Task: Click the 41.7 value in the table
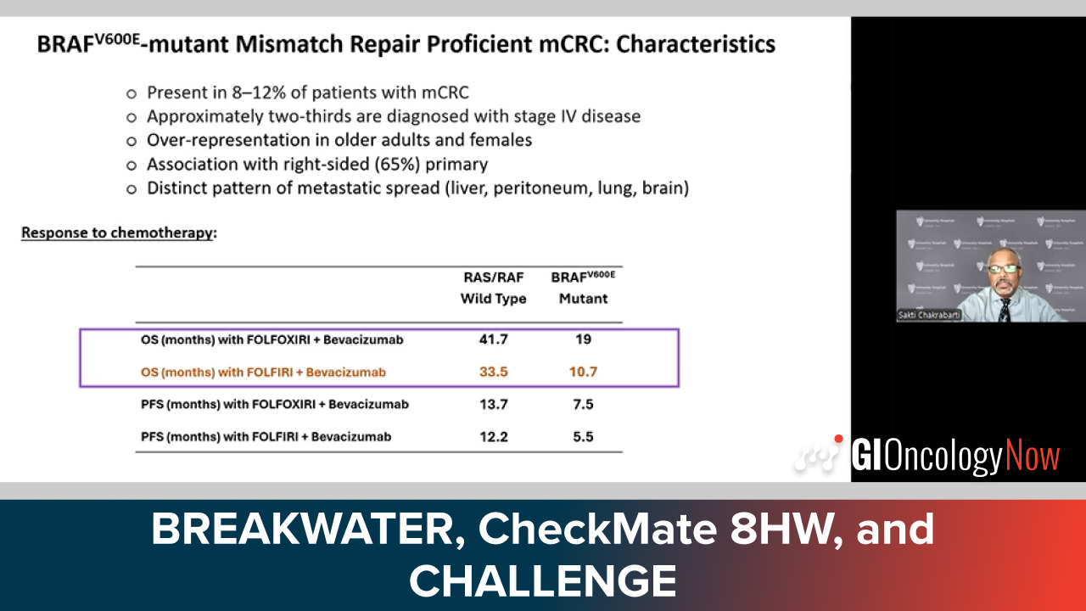click(x=494, y=339)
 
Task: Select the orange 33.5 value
click(x=494, y=372)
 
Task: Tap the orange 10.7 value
click(x=583, y=372)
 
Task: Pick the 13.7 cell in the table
click(x=494, y=405)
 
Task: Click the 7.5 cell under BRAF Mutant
click(x=583, y=405)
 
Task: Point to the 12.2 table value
click(x=494, y=437)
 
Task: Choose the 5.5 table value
click(x=583, y=437)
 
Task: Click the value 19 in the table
click(x=583, y=339)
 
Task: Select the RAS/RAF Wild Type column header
click(x=494, y=288)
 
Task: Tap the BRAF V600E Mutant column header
click(x=583, y=288)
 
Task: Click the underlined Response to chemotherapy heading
click(x=117, y=233)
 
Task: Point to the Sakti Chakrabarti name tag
click(x=929, y=315)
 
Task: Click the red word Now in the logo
click(x=1033, y=456)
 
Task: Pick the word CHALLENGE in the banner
click(x=542, y=580)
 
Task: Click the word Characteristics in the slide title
click(x=696, y=45)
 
